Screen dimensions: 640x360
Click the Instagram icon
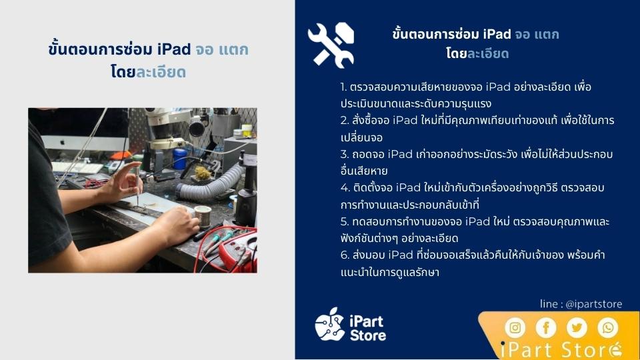[x=515, y=327]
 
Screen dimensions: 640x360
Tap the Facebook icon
[x=546, y=327]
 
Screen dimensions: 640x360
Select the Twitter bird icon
[x=577, y=327]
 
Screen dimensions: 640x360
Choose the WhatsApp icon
[x=608, y=327]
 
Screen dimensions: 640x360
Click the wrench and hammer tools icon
[x=331, y=45]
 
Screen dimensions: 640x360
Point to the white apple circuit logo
[x=330, y=325]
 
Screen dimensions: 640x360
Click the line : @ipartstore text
[x=581, y=304]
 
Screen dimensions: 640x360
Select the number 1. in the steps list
[x=343, y=87]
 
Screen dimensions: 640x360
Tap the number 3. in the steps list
[x=345, y=154]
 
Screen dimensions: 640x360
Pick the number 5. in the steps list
[x=345, y=221]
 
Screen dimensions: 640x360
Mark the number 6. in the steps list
[x=345, y=255]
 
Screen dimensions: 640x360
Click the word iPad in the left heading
[x=174, y=49]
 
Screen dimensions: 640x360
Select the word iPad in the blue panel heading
[x=497, y=34]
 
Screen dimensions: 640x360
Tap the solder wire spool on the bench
[x=203, y=216]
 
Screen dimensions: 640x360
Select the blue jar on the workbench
[x=180, y=159]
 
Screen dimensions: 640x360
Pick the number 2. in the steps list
[x=345, y=121]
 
